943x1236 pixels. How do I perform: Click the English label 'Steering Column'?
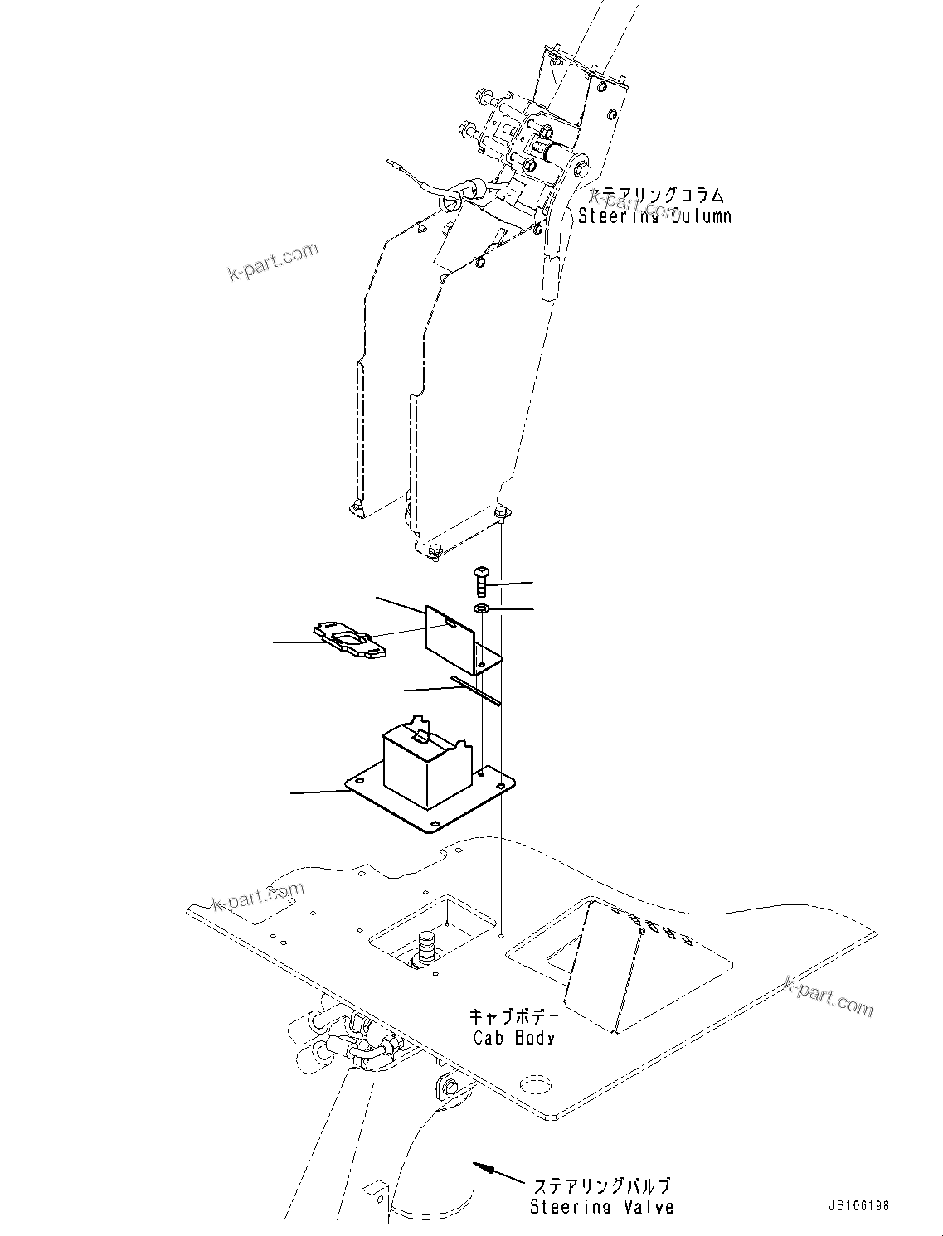(654, 216)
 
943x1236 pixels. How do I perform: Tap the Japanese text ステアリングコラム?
(655, 196)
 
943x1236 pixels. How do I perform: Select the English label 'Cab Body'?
(513, 1037)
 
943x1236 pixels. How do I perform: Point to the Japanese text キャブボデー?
(514, 1016)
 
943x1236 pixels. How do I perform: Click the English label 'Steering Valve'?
(601, 1208)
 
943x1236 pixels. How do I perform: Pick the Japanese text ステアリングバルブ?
(601, 1187)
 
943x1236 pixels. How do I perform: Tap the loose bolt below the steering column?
(482, 580)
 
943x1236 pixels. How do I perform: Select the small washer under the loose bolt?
(482, 610)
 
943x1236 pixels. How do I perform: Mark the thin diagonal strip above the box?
(476, 691)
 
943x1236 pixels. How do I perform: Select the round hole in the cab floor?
(535, 1085)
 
